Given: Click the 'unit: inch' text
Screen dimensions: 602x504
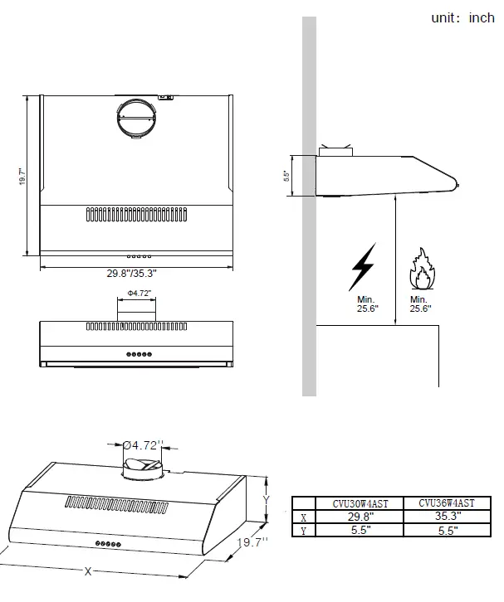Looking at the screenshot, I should (462, 17).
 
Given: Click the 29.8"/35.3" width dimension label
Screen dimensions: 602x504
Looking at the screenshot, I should (131, 273).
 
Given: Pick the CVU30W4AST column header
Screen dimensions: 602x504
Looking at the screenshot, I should (360, 502).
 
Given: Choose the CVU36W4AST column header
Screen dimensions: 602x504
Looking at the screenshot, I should (447, 502).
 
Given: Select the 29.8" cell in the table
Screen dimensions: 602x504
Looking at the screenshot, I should (360, 516).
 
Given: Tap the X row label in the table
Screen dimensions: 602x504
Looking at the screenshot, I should (304, 516).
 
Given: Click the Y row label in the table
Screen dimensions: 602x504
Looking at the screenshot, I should (304, 530).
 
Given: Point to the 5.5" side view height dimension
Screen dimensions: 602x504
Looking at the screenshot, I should (286, 176).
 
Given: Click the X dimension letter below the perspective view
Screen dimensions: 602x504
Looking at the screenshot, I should (88, 571).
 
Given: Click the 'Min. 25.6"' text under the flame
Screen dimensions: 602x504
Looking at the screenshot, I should (418, 304).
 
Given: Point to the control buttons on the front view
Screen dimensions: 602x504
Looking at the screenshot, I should (138, 353).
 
